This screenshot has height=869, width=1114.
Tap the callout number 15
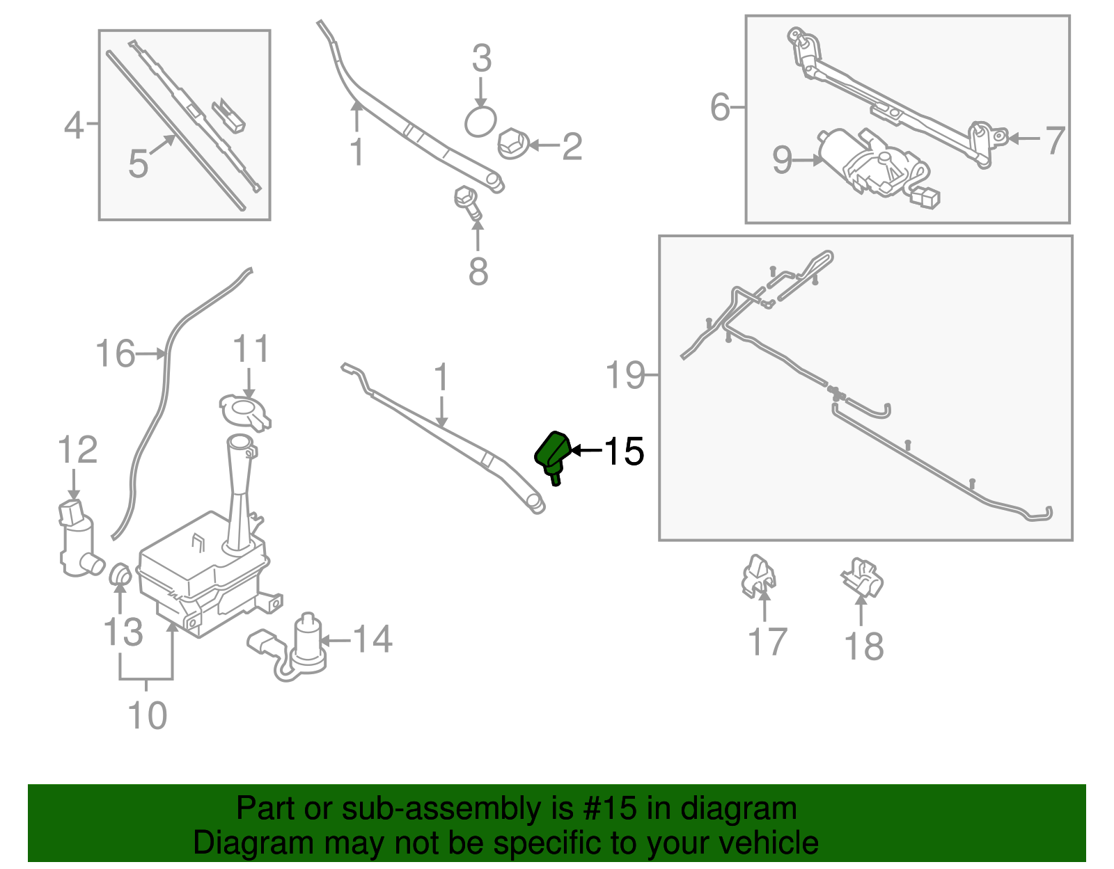tap(624, 452)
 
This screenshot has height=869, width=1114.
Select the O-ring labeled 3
tap(480, 122)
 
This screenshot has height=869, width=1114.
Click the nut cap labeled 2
tap(512, 143)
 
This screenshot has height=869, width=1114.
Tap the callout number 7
tap(1055, 140)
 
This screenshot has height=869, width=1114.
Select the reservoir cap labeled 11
tap(245, 411)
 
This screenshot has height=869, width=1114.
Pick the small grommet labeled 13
tap(120, 575)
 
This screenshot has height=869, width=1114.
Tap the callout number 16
tap(115, 353)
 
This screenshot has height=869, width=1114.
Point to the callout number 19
tap(625, 376)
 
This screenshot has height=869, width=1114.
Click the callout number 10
tap(148, 715)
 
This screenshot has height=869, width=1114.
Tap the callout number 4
tap(74, 126)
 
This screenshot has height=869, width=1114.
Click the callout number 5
tap(138, 164)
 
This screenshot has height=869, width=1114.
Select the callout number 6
tap(720, 107)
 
